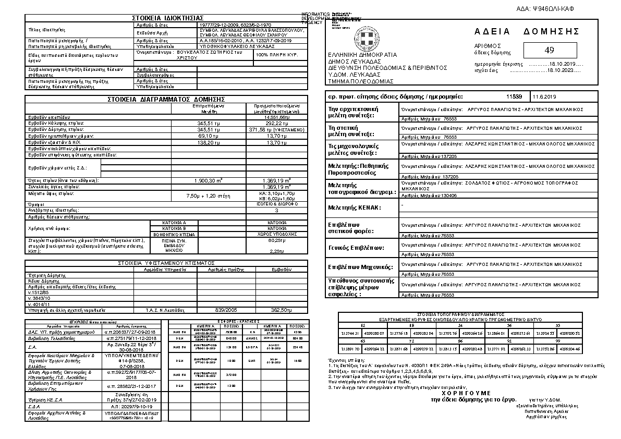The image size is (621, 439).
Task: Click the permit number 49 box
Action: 549,50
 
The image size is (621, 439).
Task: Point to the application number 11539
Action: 514,97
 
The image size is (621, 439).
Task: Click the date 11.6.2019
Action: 545,97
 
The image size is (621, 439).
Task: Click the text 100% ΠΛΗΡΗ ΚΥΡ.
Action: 277,55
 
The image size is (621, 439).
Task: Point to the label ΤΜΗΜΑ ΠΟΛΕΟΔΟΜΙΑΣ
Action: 353,82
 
